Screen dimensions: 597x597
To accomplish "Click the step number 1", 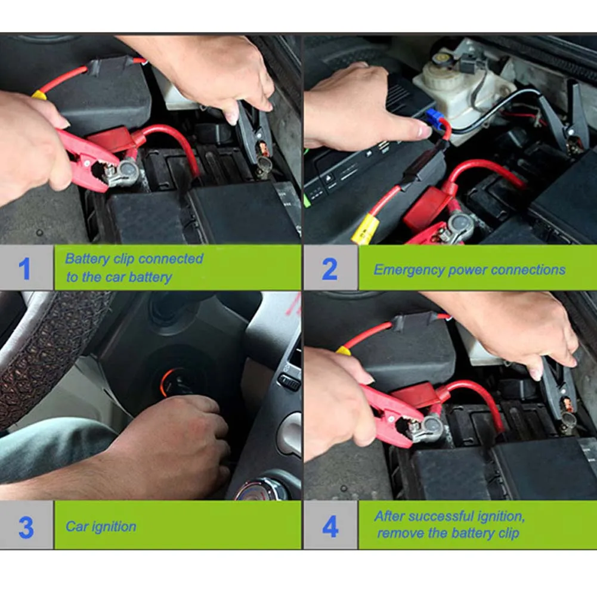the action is pos(24,268).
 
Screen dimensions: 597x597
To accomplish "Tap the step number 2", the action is pos(330,269).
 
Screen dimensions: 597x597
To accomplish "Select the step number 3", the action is pos(26,527).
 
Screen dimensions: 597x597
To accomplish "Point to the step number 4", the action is pos(330,527).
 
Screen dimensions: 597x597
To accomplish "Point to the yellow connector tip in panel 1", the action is pos(39,94).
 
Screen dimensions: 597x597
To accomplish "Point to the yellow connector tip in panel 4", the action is pos(344,351).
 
